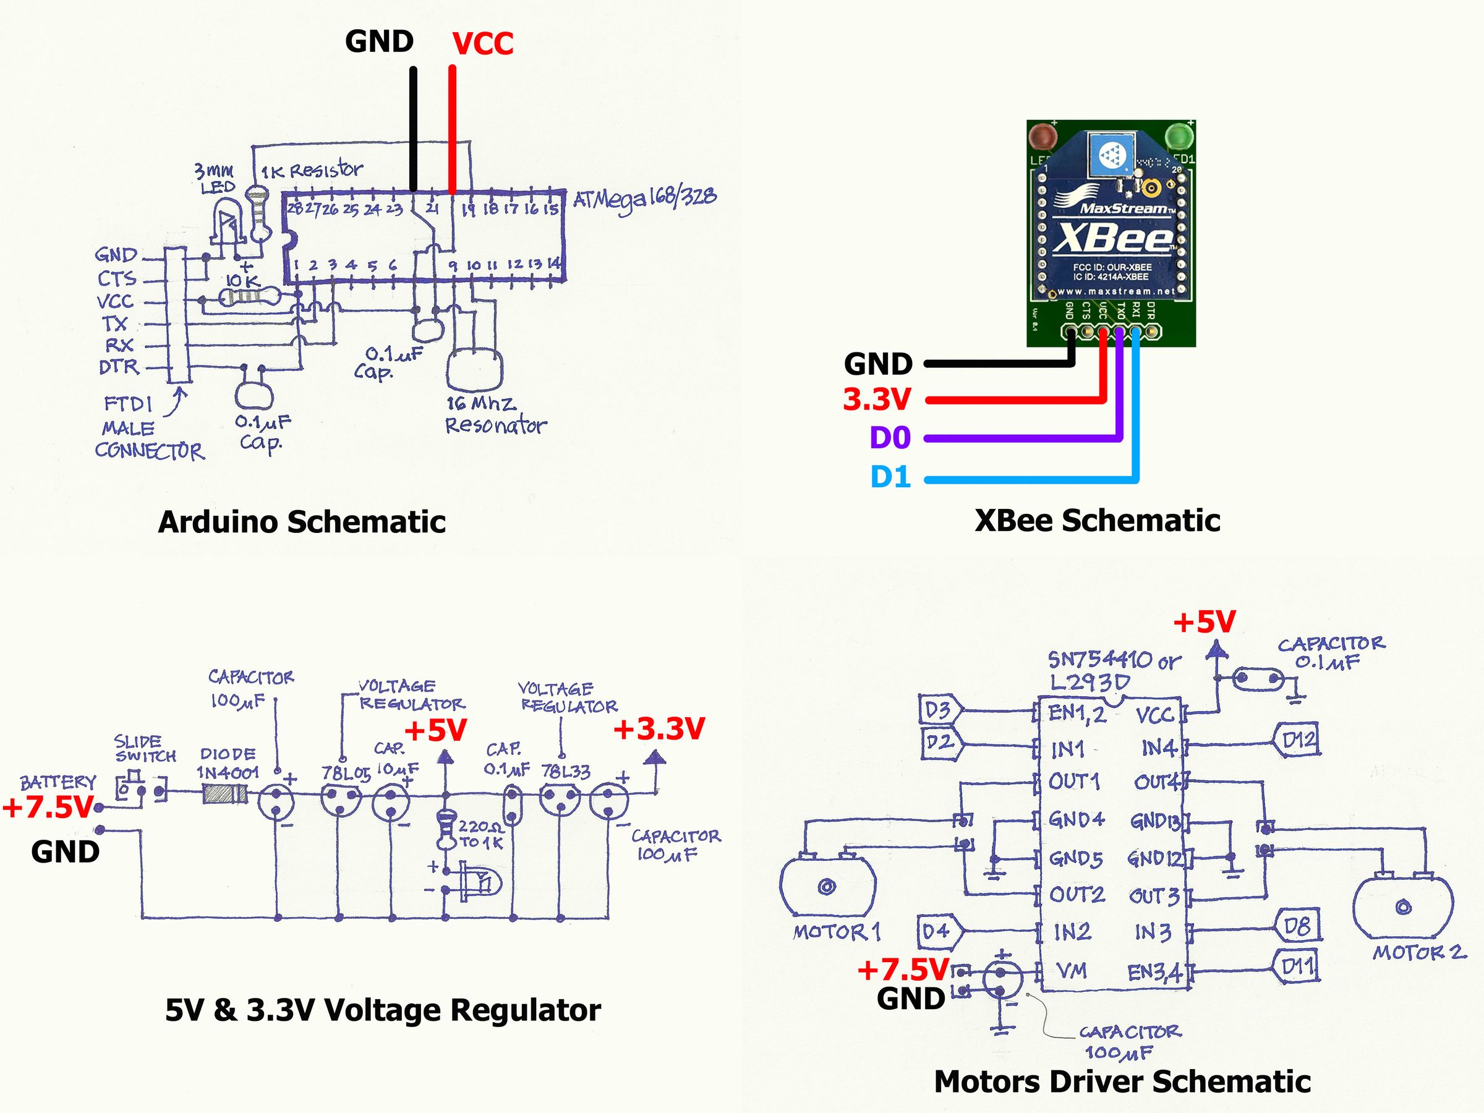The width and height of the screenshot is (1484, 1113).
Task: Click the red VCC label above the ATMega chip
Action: (x=482, y=45)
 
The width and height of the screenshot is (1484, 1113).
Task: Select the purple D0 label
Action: (x=890, y=438)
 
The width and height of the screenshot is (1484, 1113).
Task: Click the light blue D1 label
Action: (x=890, y=477)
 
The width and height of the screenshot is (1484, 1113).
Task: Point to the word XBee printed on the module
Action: (x=1114, y=238)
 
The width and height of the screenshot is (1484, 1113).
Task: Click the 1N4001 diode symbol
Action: (x=224, y=795)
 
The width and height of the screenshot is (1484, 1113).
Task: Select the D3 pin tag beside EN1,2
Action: (x=939, y=710)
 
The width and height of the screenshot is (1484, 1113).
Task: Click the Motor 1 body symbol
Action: (x=827, y=886)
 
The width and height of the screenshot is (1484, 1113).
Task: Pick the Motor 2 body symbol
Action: (x=1403, y=906)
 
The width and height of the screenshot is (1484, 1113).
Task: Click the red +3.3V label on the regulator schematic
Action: (x=659, y=729)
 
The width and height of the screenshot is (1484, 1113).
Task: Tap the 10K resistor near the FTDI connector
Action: (x=247, y=297)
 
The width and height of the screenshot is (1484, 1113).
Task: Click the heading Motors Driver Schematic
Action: (x=1122, y=1081)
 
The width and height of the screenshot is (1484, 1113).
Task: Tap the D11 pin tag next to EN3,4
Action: (x=1297, y=966)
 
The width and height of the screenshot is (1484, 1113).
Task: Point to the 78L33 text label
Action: (x=566, y=772)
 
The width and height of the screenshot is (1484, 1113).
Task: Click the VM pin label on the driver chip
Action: (x=1072, y=970)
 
